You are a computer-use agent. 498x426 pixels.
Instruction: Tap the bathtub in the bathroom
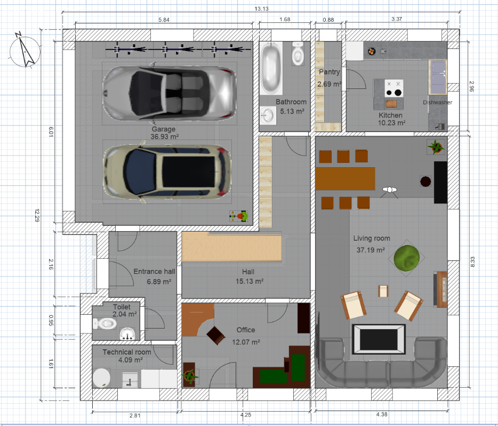pyautogui.click(x=271, y=68)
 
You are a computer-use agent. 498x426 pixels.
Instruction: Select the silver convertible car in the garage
pyautogui.click(x=170, y=93)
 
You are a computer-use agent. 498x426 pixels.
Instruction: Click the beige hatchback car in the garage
pyautogui.click(x=167, y=172)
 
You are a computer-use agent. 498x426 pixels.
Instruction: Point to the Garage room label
pyautogui.click(x=164, y=129)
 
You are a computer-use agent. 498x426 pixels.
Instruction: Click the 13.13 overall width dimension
pyautogui.click(x=261, y=9)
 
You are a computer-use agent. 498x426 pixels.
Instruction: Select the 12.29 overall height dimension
pyautogui.click(x=37, y=215)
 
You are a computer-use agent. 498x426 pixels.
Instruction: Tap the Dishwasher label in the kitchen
pyautogui.click(x=437, y=102)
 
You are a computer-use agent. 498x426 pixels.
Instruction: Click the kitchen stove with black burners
pyautogui.click(x=394, y=88)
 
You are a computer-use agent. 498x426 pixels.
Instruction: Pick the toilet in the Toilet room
pyautogui.click(x=105, y=324)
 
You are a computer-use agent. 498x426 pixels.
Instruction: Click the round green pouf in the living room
pyautogui.click(x=406, y=258)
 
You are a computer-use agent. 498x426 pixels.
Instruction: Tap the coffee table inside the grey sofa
pyautogui.click(x=379, y=339)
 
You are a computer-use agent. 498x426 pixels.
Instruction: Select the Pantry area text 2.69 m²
pyautogui.click(x=329, y=84)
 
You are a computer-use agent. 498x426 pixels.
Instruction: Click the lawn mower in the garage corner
pyautogui.click(x=239, y=216)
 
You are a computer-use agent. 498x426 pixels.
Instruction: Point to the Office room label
pyautogui.click(x=246, y=330)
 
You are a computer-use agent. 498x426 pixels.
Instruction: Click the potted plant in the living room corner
pyautogui.click(x=436, y=147)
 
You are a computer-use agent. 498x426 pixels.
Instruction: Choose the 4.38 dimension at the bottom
pyautogui.click(x=382, y=414)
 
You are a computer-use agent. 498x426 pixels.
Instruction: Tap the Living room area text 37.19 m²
pyautogui.click(x=371, y=250)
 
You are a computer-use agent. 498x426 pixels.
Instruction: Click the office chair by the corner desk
pyautogui.click(x=215, y=335)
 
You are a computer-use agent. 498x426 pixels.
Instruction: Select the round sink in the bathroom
pyautogui.click(x=268, y=116)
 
